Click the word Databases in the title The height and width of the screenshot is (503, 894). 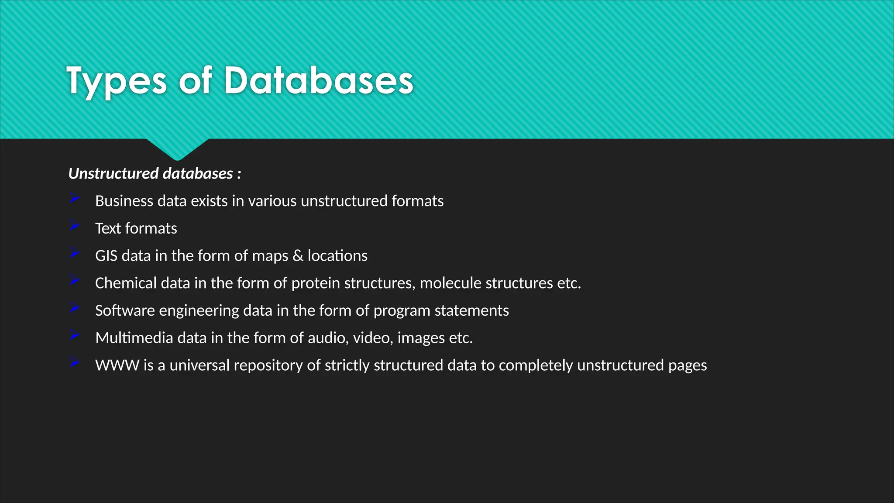pyautogui.click(x=318, y=81)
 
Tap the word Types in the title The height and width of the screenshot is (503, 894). pyautogui.click(x=117, y=82)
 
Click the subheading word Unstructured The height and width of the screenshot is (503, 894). pyautogui.click(x=113, y=174)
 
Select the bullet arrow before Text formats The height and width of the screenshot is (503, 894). pyautogui.click(x=75, y=226)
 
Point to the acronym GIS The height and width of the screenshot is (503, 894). pyautogui.click(x=106, y=256)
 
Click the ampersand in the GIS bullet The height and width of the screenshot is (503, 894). pyautogui.click(x=298, y=256)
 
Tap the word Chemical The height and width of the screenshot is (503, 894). pyautogui.click(x=126, y=283)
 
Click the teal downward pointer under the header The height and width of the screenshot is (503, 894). pyautogui.click(x=177, y=148)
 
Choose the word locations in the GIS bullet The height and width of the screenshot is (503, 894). pyautogui.click(x=337, y=256)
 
